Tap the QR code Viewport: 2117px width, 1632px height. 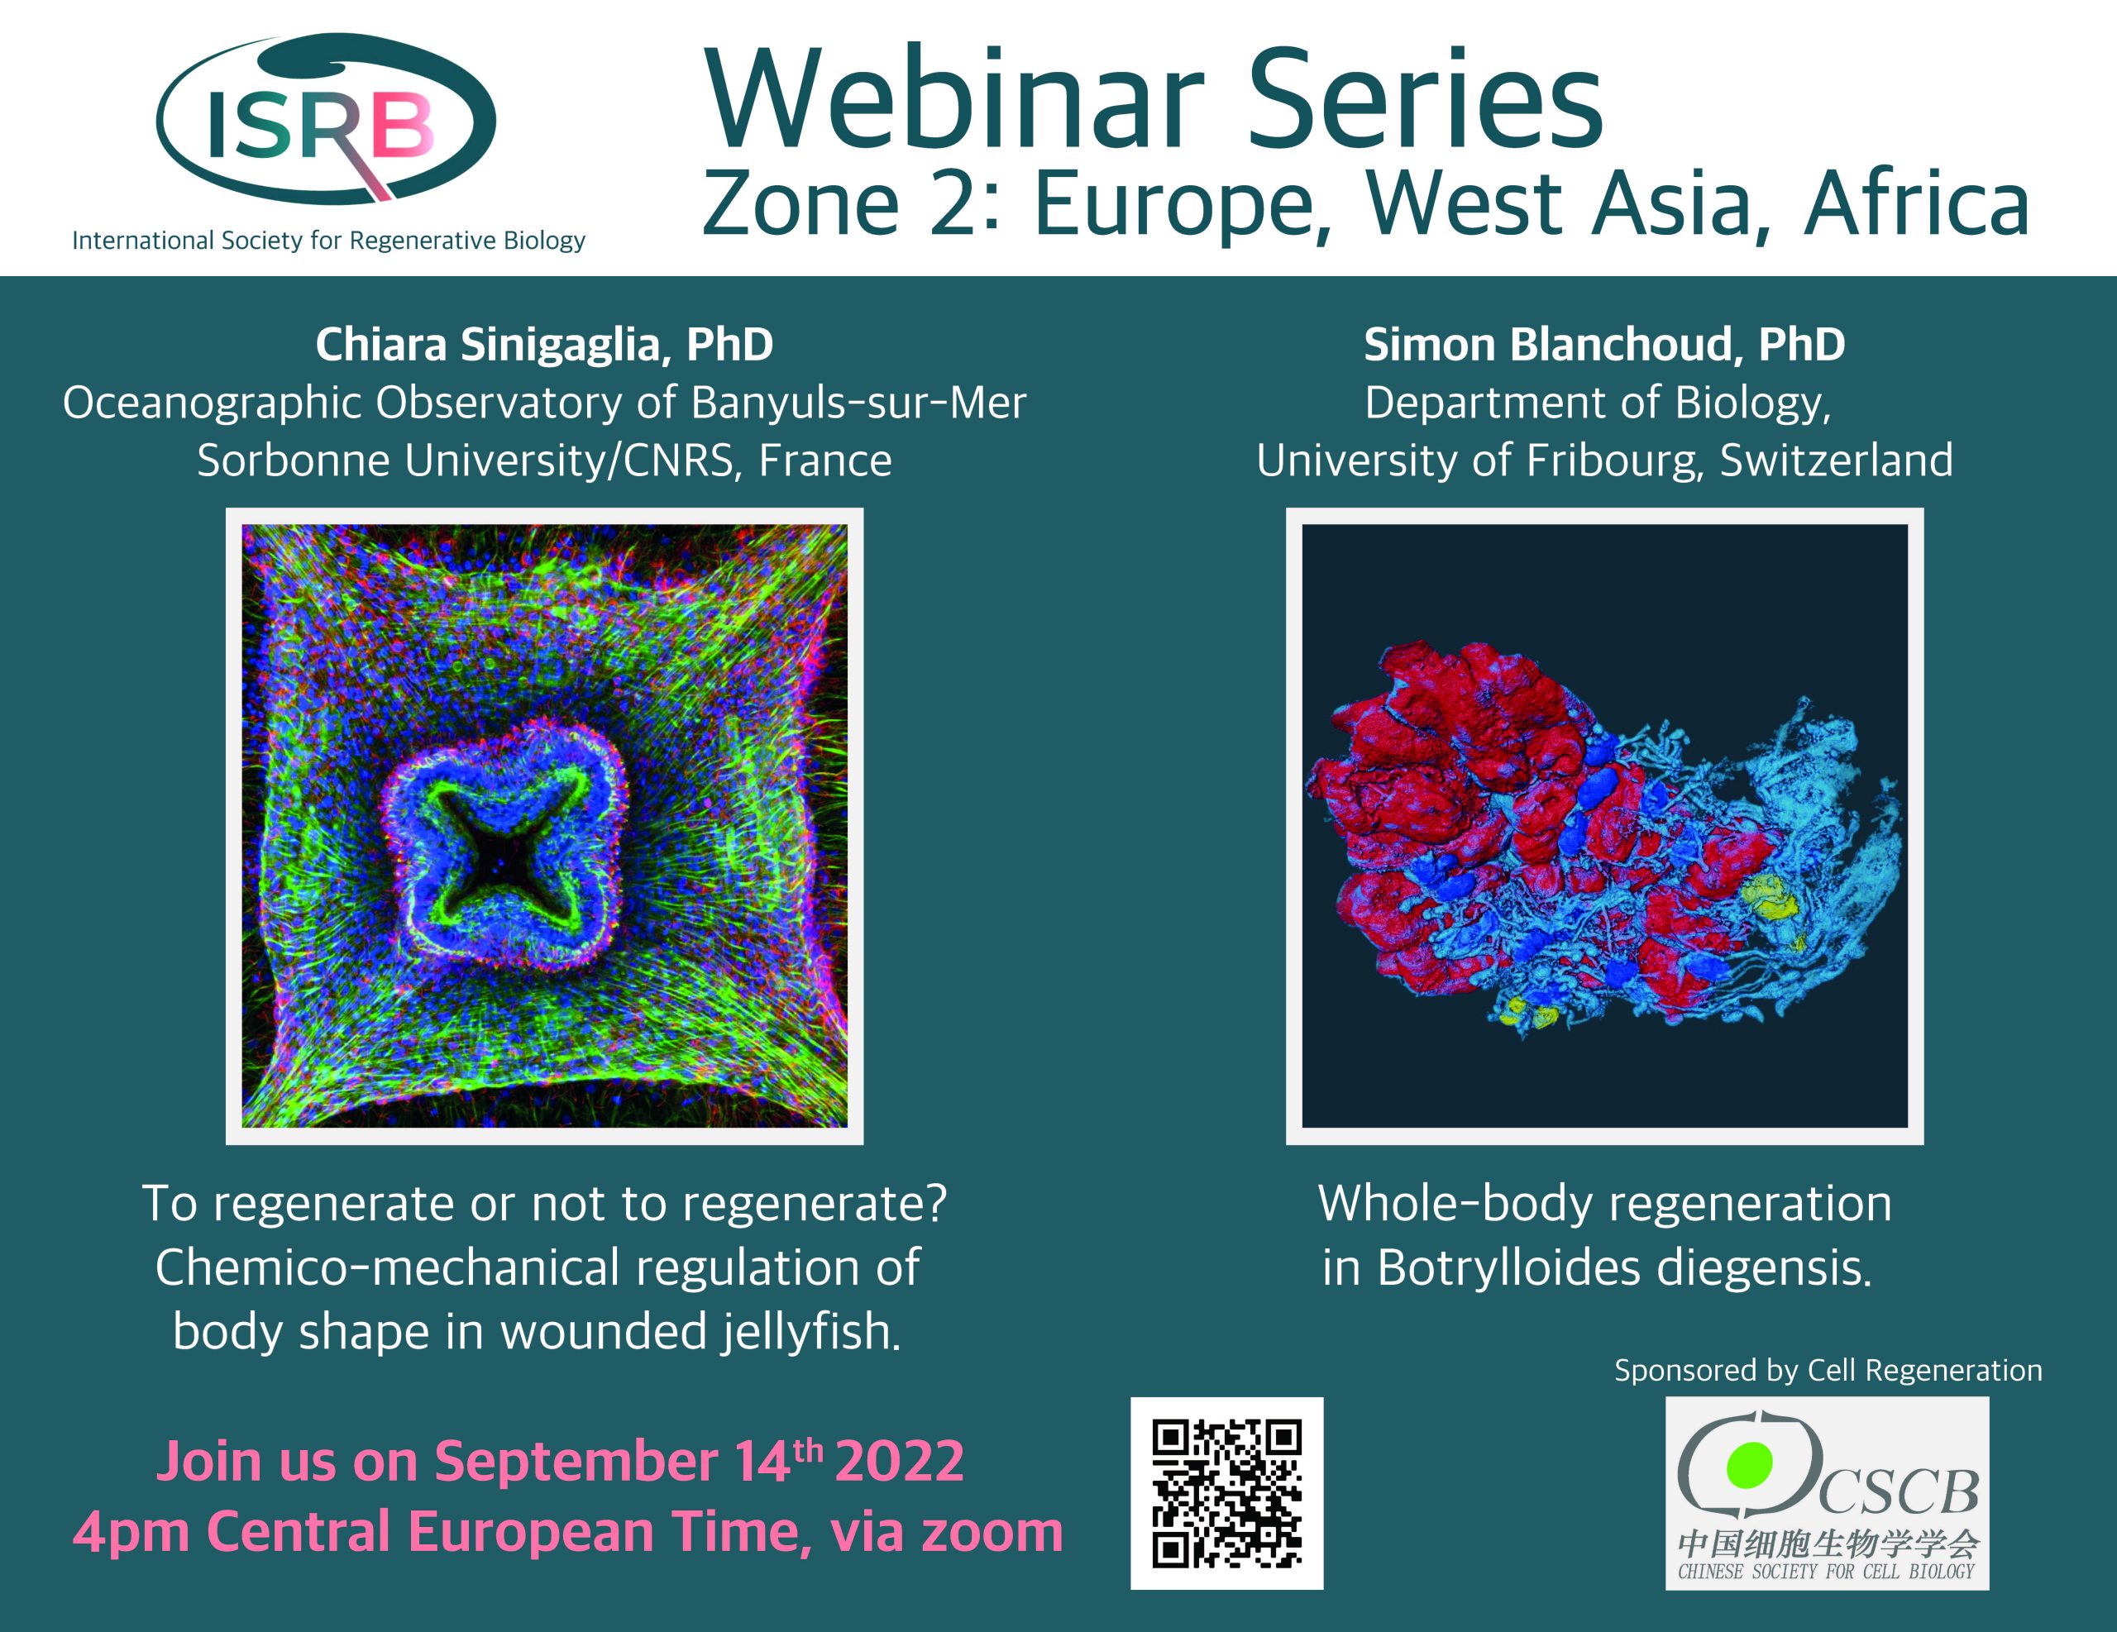point(1226,1493)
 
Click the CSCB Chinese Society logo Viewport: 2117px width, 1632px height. point(1828,1493)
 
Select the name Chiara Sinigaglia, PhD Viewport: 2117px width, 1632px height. point(544,344)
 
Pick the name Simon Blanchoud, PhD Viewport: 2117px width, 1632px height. point(1604,344)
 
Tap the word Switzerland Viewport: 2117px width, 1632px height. point(1836,460)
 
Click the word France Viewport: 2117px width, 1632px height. point(825,460)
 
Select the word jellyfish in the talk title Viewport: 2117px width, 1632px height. point(810,1332)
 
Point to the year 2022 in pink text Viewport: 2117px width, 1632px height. point(899,1461)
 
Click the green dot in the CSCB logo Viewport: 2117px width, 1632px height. point(1750,1464)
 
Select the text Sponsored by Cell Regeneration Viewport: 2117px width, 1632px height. point(1828,1371)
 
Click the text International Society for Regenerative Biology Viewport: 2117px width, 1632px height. point(328,241)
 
